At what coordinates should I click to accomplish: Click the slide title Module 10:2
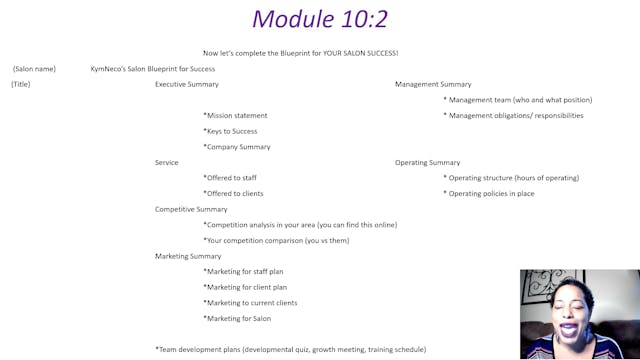319,18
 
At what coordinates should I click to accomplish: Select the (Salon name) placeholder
34,69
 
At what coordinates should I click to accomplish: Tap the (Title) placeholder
21,84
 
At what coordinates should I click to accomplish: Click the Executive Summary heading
186,84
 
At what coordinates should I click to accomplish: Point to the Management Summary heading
433,84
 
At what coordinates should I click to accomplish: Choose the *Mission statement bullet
235,115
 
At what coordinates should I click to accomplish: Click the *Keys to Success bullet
230,131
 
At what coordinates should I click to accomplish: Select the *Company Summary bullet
236,147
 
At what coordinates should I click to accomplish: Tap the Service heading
167,162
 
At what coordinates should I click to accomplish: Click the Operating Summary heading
428,162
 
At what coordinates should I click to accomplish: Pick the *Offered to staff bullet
230,178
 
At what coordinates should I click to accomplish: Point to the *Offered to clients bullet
233,193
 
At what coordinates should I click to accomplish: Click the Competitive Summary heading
191,209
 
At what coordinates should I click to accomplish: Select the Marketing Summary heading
188,256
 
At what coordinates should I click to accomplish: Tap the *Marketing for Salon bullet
237,318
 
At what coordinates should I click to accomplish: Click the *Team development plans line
290,349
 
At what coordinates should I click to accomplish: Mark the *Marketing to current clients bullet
250,303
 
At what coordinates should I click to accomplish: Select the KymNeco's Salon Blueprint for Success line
152,69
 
